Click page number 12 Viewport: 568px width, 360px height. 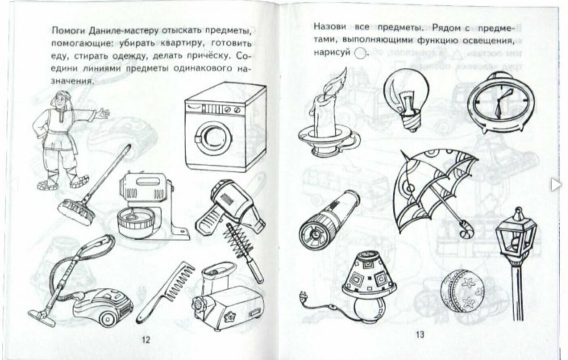[x=146, y=340]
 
